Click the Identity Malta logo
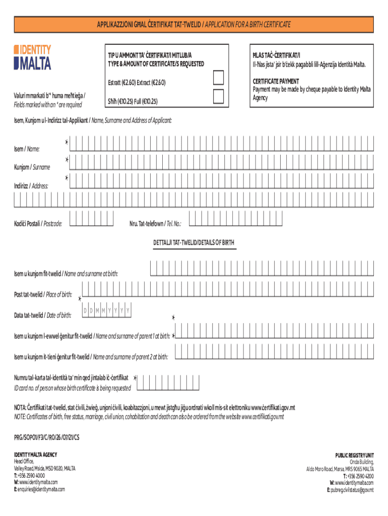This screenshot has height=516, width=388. [33, 57]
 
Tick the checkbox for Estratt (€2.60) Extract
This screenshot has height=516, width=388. [219, 78]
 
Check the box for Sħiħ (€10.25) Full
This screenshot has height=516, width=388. [219, 96]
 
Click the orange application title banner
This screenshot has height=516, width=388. [193, 24]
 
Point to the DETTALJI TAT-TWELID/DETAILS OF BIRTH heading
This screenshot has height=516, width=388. [193, 243]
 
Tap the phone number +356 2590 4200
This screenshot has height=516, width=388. [358, 476]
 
